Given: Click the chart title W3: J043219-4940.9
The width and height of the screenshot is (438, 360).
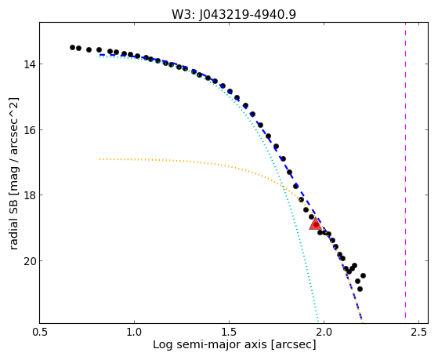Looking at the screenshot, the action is pos(233,14).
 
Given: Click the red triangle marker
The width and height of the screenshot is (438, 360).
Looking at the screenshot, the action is pos(315,224).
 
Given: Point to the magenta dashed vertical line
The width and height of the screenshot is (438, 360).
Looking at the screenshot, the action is pos(405,173).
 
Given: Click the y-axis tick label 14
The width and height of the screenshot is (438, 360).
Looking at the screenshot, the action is pos(29,64).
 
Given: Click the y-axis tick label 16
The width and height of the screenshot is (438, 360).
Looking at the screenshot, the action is pos(29,130).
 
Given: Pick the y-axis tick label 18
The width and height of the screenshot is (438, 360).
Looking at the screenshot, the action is pos(29,195).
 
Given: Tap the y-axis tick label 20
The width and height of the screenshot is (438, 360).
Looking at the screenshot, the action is pos(29,261).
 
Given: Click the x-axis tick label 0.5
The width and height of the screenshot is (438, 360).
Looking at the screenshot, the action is pos(40,332).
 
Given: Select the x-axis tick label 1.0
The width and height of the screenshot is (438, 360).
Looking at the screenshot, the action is pos(134,332).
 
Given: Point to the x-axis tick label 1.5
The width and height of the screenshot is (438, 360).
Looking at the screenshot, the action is pos(229,332).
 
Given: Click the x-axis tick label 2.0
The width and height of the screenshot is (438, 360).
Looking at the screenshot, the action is pos(324,332).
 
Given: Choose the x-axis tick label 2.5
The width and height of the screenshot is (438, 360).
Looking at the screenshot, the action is pos(418,332).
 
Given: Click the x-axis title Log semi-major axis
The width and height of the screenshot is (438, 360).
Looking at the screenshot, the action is pos(210,344).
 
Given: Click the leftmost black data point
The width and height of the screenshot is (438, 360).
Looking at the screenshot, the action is pos(72,47).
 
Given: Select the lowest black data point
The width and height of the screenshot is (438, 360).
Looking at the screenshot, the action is pos(360,289).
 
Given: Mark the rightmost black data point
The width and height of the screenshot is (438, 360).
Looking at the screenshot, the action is pos(363,276).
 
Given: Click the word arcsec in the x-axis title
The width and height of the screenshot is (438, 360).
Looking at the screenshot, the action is pos(292,345).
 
